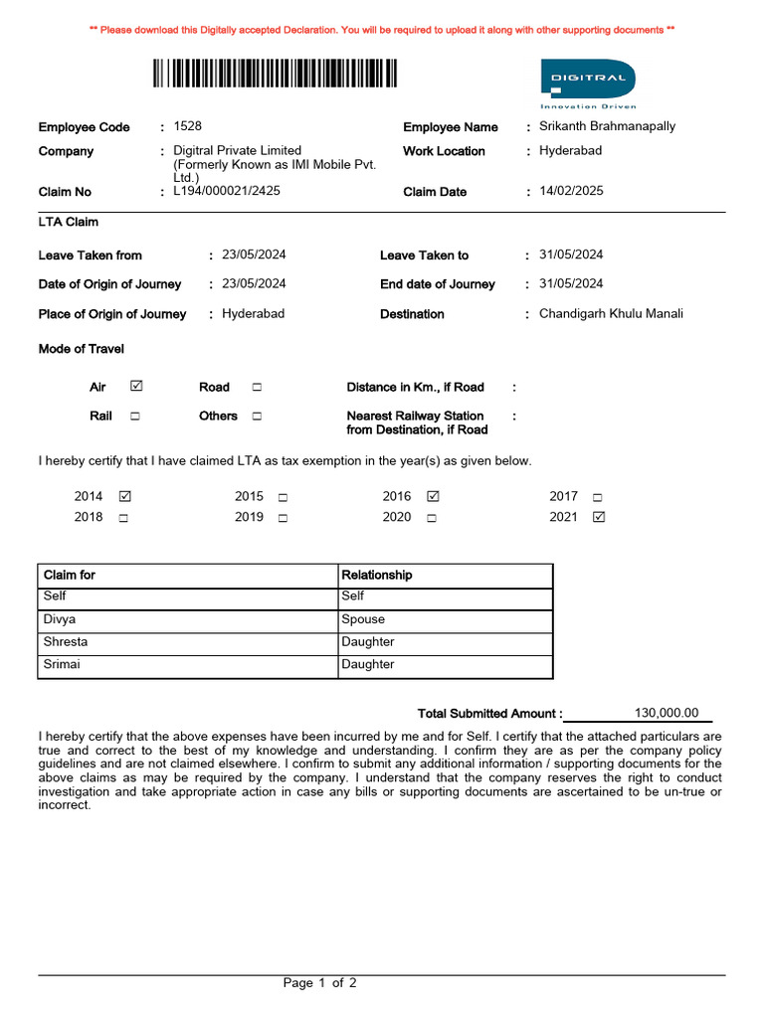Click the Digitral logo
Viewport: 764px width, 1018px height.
[587, 82]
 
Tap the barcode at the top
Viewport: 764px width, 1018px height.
[276, 75]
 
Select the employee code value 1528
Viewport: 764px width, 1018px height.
[187, 126]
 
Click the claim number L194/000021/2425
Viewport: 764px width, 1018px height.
[227, 191]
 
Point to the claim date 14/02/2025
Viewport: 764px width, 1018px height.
[571, 191]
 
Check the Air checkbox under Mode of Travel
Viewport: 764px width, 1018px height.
[136, 387]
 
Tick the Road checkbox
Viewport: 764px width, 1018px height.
[257, 387]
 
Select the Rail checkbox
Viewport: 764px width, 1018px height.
[134, 417]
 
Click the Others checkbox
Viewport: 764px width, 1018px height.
[257, 417]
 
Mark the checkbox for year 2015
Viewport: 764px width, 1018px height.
[283, 496]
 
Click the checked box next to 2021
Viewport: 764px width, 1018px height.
[598, 517]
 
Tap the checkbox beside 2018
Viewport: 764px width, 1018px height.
[123, 517]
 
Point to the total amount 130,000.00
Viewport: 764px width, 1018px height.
[667, 713]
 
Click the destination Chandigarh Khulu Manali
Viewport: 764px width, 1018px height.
[611, 314]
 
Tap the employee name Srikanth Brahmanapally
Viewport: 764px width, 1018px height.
[607, 126]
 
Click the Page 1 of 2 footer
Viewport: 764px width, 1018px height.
[320, 983]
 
